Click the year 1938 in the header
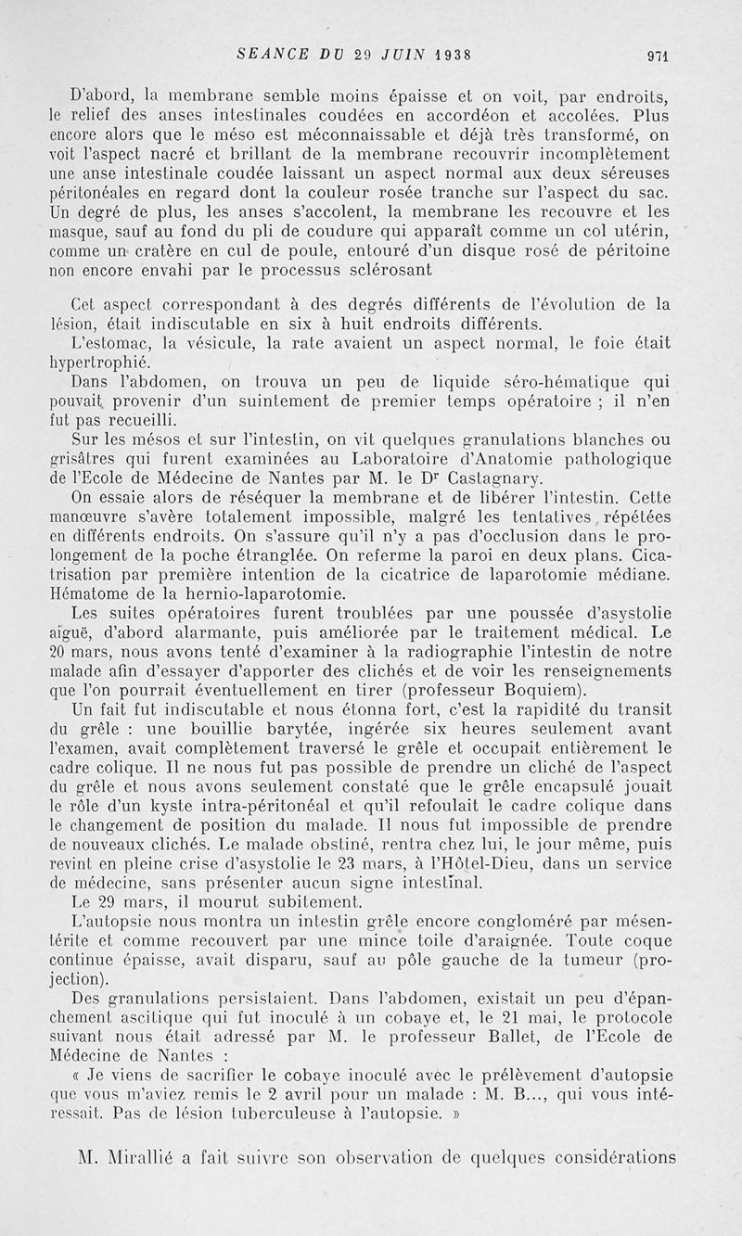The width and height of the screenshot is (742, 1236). coord(444,54)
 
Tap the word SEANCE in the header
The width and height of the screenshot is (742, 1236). coord(267,54)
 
